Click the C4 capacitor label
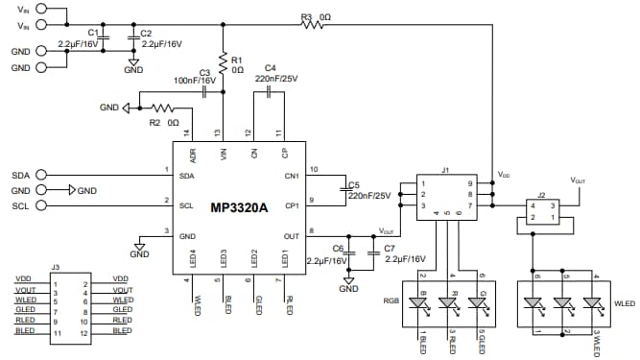click(271, 68)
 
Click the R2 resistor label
click(154, 123)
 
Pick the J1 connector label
click(445, 170)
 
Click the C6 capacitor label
click(338, 248)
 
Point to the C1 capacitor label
click(93, 33)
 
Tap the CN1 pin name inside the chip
click(291, 176)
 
